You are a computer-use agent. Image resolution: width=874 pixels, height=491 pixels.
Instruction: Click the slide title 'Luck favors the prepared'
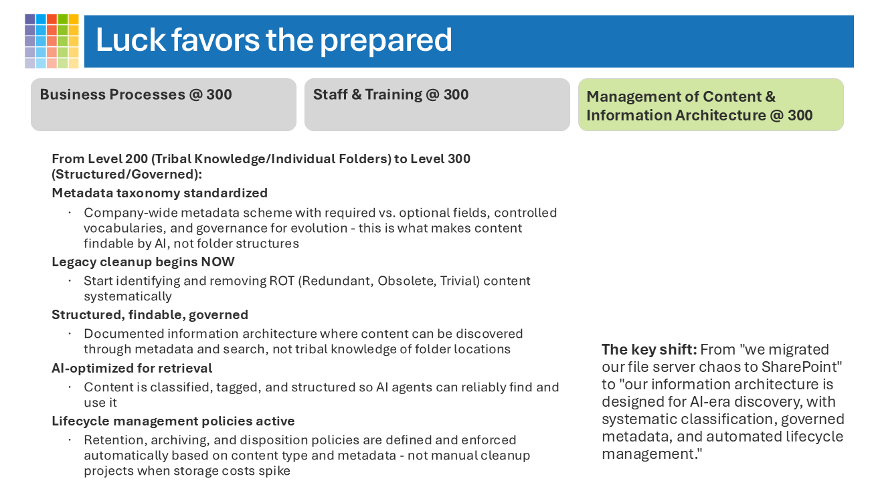coord(274,40)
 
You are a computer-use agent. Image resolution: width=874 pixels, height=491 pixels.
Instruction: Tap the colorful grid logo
coord(52,41)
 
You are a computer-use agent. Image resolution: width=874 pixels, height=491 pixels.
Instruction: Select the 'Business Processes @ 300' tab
coord(136,95)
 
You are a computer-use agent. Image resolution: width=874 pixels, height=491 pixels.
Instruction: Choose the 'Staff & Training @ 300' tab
coord(391,95)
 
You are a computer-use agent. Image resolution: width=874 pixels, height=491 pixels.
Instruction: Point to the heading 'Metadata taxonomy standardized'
coord(159,193)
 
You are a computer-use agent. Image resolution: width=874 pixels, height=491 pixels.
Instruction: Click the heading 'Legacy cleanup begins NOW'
coord(143,262)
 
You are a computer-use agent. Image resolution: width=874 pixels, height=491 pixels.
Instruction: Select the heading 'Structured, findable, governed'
coord(150,314)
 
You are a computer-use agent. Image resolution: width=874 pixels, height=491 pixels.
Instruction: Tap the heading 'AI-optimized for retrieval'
coord(132,368)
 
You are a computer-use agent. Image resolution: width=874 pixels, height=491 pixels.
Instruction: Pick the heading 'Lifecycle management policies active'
coord(173,421)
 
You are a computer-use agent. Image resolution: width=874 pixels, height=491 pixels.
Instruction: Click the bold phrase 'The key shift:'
coord(648,349)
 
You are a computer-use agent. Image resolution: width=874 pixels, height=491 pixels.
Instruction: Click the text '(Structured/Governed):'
coord(126,174)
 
